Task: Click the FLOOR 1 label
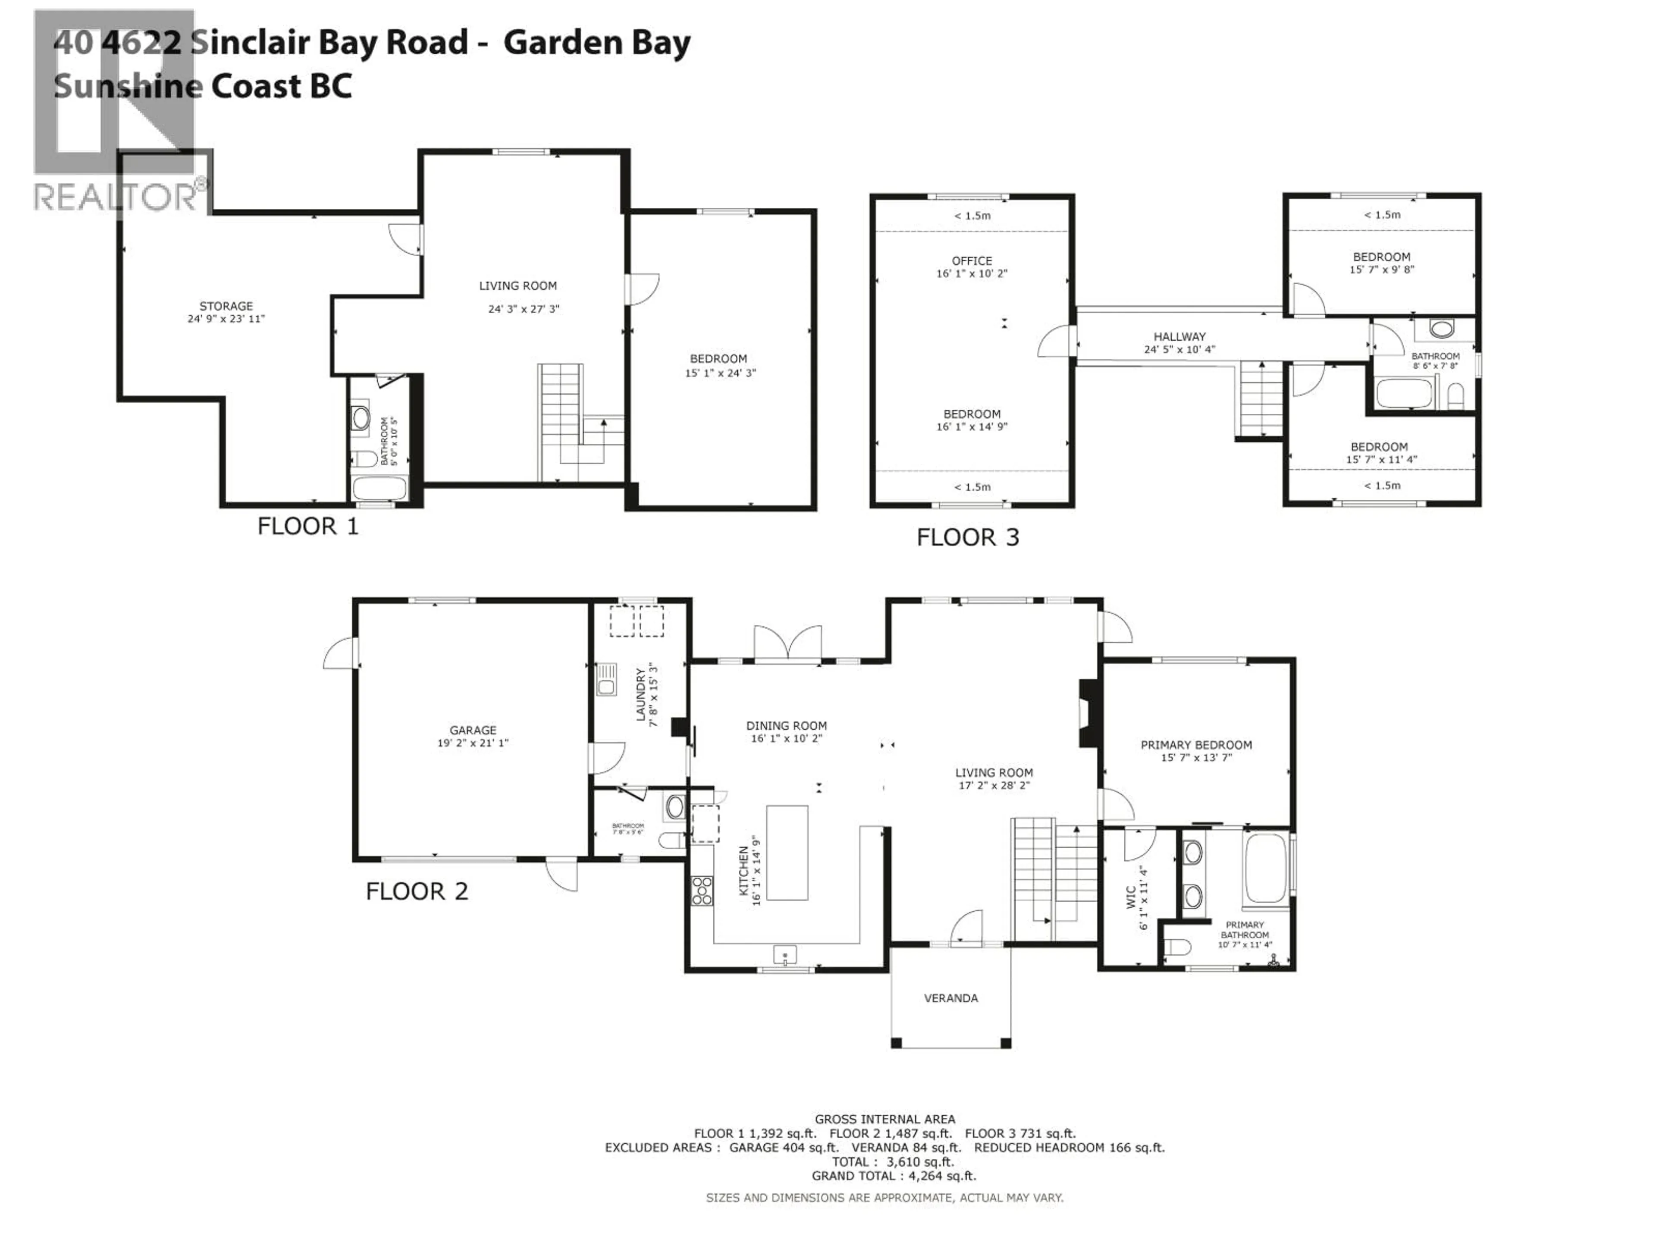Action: (x=307, y=526)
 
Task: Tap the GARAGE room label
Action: (x=472, y=730)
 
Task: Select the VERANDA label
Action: (x=951, y=998)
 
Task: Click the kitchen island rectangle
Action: (x=787, y=853)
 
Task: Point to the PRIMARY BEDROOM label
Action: (x=1195, y=745)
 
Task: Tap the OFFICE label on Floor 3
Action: (x=972, y=260)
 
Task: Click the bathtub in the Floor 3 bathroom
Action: (x=1404, y=393)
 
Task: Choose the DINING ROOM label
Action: (x=786, y=725)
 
